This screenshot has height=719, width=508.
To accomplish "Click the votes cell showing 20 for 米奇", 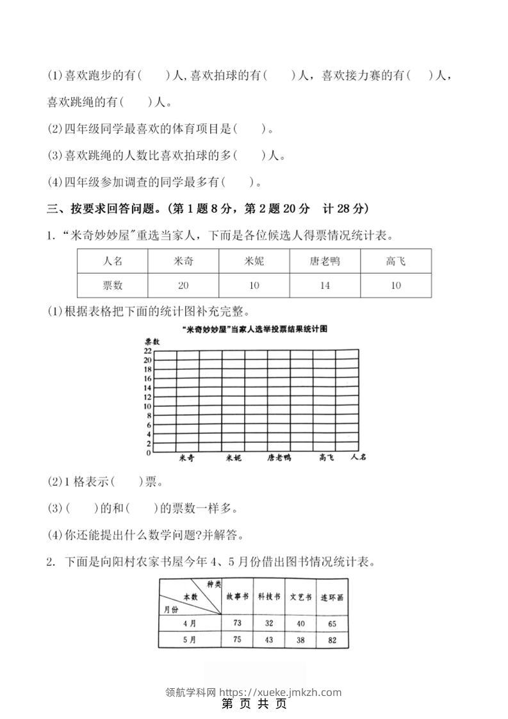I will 183,285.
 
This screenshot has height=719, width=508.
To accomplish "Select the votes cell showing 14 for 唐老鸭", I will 325,285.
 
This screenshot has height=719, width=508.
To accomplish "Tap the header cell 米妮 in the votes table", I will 254,261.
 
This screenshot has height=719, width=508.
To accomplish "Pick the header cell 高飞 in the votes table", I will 396,261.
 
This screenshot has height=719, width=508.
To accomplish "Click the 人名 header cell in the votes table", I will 112,261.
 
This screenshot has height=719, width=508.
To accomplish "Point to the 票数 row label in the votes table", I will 112,285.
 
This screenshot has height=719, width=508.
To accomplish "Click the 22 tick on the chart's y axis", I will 147,351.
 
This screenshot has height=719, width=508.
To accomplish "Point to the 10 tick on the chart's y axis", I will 147,406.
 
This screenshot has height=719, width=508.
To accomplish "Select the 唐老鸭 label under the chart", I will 279,458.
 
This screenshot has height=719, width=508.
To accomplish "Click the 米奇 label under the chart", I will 186,458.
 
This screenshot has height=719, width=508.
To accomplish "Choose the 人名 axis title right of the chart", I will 359,458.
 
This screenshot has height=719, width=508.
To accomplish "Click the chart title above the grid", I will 254,329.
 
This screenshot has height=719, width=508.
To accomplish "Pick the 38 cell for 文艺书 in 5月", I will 300,640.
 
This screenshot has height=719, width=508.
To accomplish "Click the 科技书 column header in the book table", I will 268,597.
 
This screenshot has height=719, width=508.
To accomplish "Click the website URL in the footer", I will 281,692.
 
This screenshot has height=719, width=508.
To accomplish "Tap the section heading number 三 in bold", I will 53,209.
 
